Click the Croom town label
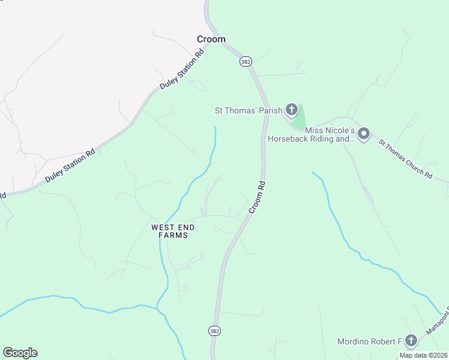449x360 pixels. tap(211, 39)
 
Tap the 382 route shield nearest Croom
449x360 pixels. tap(245, 61)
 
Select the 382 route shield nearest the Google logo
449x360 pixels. tap(214, 331)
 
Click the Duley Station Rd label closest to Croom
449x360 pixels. tap(182, 70)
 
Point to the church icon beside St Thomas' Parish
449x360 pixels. tap(291, 109)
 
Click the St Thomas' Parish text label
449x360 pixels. tap(249, 110)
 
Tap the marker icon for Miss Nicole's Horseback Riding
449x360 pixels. tap(363, 133)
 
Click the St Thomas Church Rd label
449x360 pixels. tap(405, 158)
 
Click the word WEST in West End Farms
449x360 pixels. tap(163, 227)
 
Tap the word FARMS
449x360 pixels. tap(173, 235)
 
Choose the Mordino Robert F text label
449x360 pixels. tap(369, 341)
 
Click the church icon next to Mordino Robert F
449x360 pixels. tap(411, 341)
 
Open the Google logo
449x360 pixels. tap(20, 353)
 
